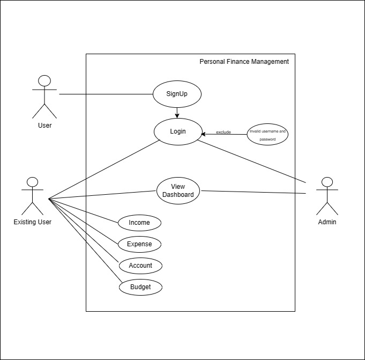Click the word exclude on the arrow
(224, 132)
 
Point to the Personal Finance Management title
(244, 62)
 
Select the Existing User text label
(32, 222)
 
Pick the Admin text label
(327, 222)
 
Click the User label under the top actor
(44, 126)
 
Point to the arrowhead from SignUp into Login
(177, 116)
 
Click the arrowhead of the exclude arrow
(203, 134)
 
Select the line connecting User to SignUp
(106, 94)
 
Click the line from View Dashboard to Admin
(254, 192)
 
